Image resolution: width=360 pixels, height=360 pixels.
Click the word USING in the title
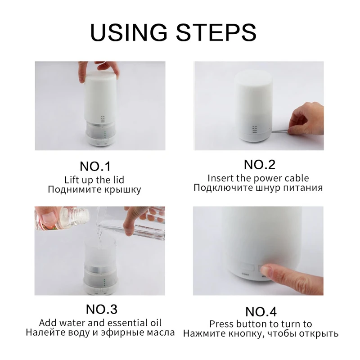(x=129, y=32)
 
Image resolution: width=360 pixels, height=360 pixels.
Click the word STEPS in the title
(x=216, y=32)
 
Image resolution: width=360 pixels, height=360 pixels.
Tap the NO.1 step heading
(x=95, y=166)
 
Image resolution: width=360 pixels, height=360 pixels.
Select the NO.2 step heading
(x=260, y=165)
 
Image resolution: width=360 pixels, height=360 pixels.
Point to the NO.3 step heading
(x=102, y=309)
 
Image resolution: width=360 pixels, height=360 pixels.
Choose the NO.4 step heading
(x=261, y=312)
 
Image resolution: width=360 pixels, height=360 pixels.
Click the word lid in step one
(x=118, y=180)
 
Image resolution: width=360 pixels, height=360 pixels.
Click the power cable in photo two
(x=280, y=131)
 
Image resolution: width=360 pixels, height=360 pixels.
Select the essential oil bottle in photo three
(x=62, y=218)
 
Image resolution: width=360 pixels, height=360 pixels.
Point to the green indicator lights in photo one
(x=105, y=135)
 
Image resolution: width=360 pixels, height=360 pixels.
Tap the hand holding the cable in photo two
(x=306, y=119)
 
